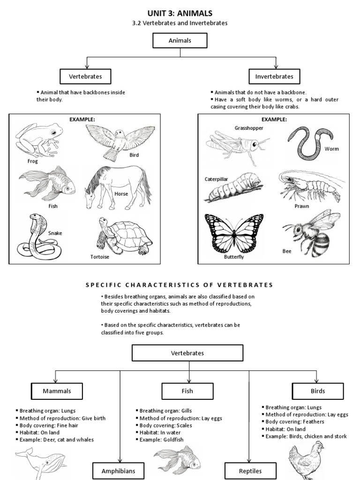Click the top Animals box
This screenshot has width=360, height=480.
pos(180,41)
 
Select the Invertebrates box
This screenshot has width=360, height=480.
pos(274,76)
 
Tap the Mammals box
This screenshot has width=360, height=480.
pos(57,390)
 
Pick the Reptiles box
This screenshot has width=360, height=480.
pos(250,471)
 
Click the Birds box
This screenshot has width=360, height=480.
pos(317,390)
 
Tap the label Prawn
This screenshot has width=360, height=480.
pos(302,206)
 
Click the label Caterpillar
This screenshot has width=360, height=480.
pos(217,179)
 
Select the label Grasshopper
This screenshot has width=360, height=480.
pos(249,128)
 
